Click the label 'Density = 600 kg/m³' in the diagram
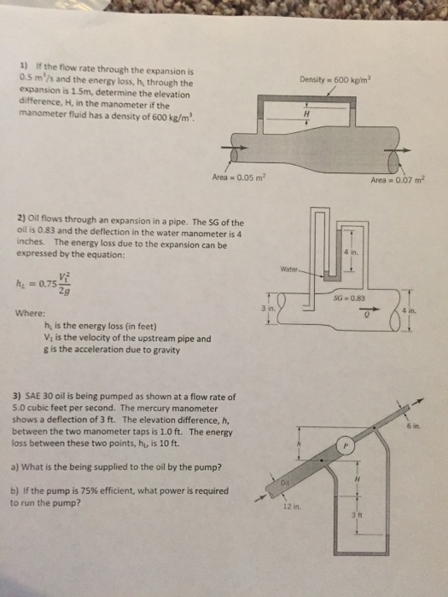[335, 80]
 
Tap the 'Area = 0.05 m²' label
[239, 177]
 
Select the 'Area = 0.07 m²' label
[398, 180]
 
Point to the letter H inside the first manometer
[306, 113]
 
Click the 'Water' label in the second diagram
[288, 270]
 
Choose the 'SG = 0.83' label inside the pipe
[349, 298]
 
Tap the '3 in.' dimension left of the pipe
[268, 309]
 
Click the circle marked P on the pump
[346, 444]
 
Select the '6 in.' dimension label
[413, 426]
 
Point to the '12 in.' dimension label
[292, 507]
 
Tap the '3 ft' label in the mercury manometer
[358, 516]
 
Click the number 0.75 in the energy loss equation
[48, 283]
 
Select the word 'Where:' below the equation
[30, 313]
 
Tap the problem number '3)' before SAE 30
[18, 397]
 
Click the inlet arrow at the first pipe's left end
[235, 148]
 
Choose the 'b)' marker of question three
[15, 490]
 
